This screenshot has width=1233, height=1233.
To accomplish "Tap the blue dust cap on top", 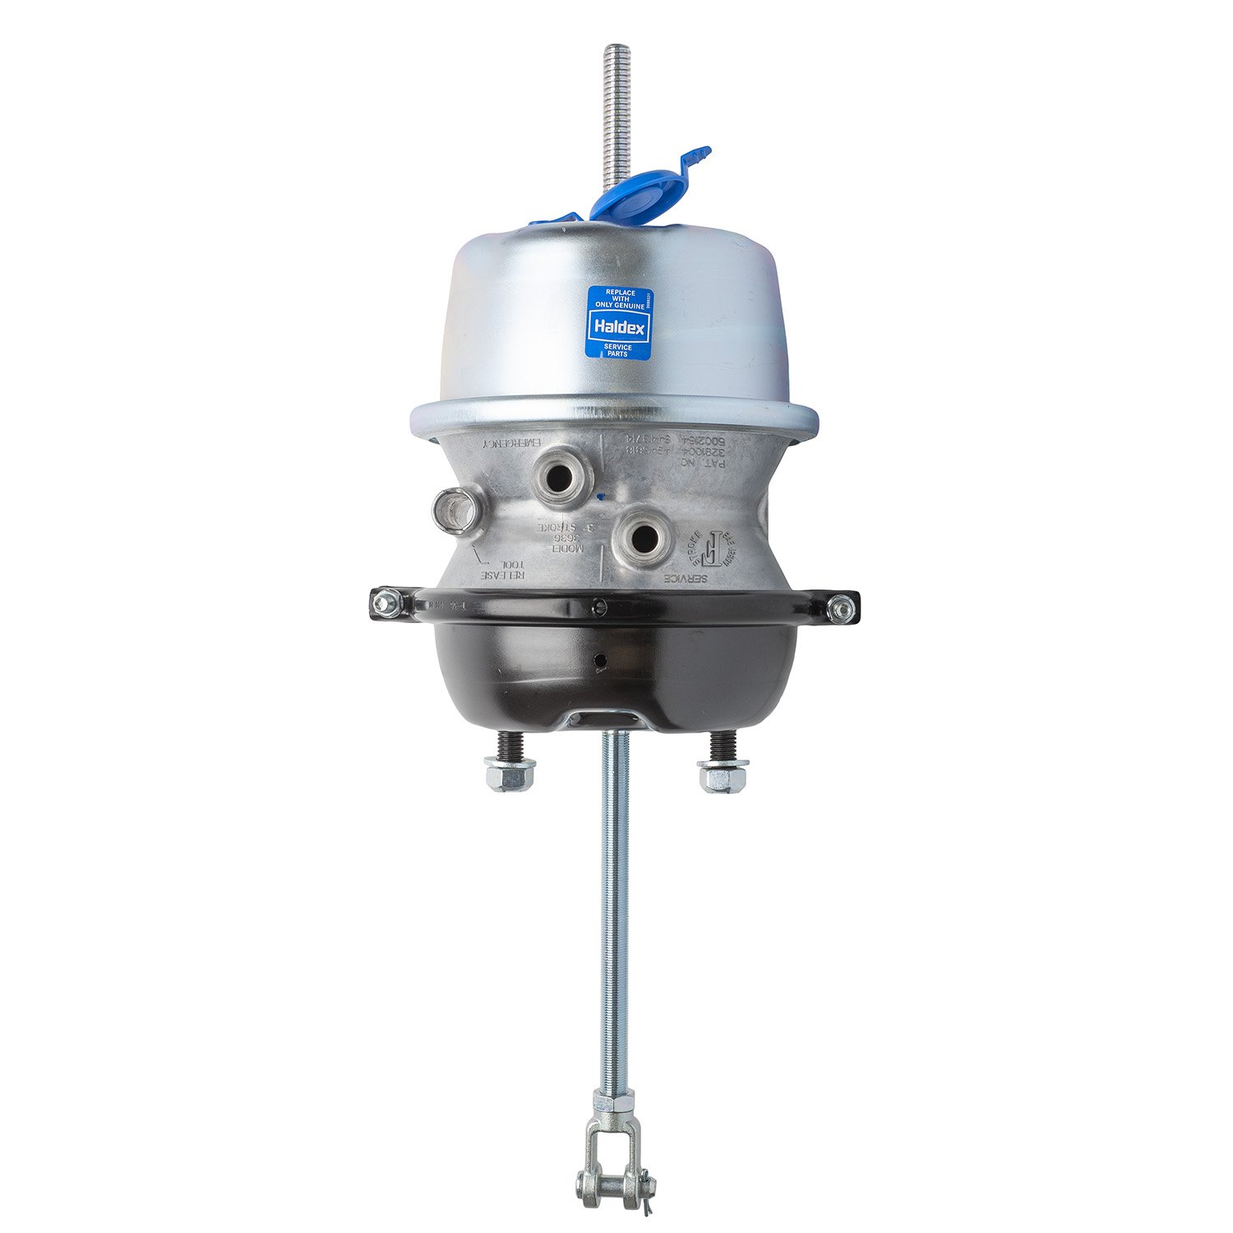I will pyautogui.click(x=626, y=194).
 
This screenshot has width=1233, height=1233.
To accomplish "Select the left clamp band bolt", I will pyautogui.click(x=383, y=604).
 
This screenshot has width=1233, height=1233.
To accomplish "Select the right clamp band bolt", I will pyautogui.click(x=839, y=608).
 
